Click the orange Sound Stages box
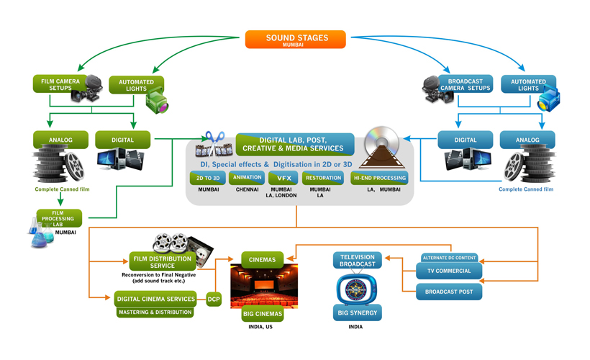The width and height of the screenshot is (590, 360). click(295, 39)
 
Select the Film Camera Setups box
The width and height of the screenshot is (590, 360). click(59, 84)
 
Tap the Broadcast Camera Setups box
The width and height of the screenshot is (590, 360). click(465, 84)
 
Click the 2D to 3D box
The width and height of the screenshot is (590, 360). click(208, 178)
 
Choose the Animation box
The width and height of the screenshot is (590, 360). click(248, 178)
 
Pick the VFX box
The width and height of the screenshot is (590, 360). click(283, 178)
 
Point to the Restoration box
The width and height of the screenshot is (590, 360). click(322, 178)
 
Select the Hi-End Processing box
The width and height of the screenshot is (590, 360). click(379, 178)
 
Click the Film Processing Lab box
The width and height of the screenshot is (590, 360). click(58, 217)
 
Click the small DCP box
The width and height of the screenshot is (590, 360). click(214, 299)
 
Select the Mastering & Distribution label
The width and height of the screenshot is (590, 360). click(155, 312)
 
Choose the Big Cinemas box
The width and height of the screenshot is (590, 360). click(261, 314)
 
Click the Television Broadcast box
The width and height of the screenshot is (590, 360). click(357, 260)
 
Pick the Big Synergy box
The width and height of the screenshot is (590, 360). click(357, 313)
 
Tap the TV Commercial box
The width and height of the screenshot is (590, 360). click(449, 271)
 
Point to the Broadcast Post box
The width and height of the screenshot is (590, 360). click(449, 292)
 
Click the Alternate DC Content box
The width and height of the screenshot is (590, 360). click(449, 258)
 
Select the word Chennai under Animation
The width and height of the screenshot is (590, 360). click(248, 189)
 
